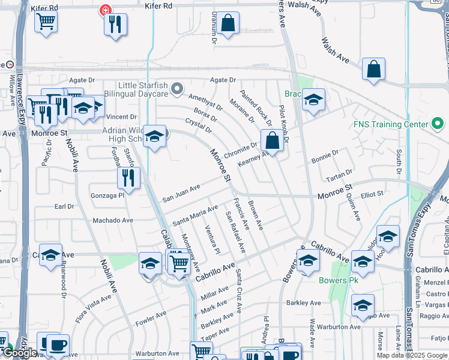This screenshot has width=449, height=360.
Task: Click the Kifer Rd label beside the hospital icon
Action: coord(158,5)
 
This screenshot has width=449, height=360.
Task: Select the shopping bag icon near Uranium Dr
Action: coord(228,24)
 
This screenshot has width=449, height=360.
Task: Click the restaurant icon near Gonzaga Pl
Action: coord(128,176)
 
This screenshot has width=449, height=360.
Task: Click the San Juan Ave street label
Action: coord(181,195)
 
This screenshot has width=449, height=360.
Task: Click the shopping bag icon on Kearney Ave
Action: coord(272,141)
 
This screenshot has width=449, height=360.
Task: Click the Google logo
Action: coord(20,353)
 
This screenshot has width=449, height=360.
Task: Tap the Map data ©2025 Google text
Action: coord(412,355)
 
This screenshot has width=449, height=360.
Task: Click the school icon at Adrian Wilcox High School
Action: coord(154,137)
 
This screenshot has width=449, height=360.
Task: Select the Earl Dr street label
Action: coord(64,206)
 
